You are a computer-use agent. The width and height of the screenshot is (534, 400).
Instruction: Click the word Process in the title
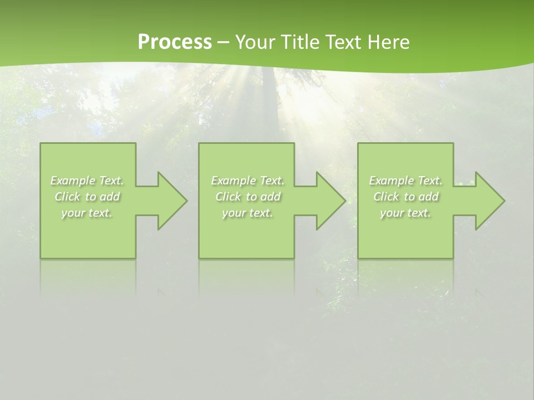175,42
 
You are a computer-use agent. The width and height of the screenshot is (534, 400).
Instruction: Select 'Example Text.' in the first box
87,181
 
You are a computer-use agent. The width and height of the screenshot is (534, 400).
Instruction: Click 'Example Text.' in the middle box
248,181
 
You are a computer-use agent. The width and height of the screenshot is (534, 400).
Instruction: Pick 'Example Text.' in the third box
406,181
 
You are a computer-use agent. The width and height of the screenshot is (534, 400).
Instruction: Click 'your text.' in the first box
87,213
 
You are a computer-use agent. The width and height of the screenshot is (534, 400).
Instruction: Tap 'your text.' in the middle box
248,213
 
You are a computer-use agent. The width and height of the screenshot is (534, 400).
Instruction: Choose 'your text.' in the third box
406,213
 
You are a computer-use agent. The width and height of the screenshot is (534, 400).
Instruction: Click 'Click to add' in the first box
87,197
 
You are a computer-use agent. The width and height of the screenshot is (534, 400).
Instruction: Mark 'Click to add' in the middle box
248,197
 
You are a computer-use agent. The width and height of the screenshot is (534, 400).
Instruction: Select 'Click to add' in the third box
406,197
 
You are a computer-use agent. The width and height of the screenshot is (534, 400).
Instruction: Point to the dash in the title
223,43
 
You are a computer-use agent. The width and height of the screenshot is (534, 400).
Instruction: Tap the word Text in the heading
342,42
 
